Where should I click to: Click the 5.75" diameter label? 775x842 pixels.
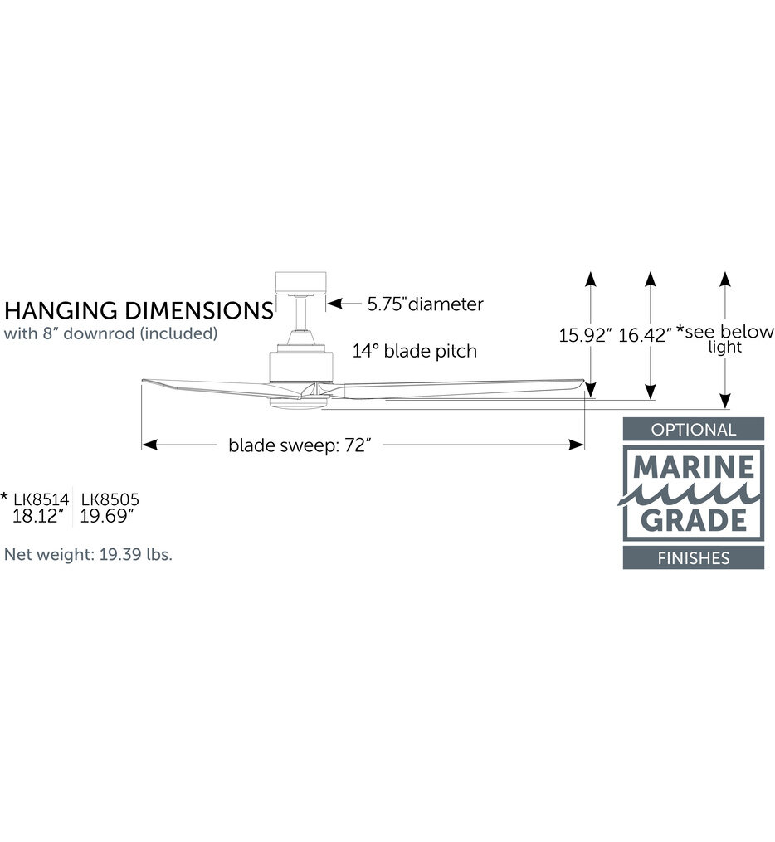click(x=425, y=304)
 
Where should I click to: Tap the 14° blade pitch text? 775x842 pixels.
click(x=415, y=351)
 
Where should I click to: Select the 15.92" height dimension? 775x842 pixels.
click(x=585, y=336)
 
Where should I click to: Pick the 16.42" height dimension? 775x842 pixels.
click(x=645, y=336)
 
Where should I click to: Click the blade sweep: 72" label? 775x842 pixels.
click(x=300, y=445)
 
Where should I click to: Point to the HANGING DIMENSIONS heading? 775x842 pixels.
click(x=139, y=311)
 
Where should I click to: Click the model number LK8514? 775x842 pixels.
click(x=41, y=499)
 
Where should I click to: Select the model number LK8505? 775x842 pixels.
click(x=110, y=499)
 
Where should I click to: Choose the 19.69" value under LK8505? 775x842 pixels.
click(x=107, y=517)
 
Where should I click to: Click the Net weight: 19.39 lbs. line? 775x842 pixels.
click(x=88, y=554)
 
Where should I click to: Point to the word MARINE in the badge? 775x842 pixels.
click(x=694, y=467)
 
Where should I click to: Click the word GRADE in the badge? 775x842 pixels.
click(x=694, y=520)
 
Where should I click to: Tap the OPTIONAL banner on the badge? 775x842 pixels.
click(x=694, y=430)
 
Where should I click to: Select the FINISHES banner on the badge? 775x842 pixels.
click(x=694, y=558)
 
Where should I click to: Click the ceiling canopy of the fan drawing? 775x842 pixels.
click(x=300, y=283)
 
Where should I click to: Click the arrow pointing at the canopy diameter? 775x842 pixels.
click(x=344, y=304)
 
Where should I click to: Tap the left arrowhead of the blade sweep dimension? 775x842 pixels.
click(x=150, y=445)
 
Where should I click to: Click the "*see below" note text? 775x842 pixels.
click(x=725, y=332)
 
